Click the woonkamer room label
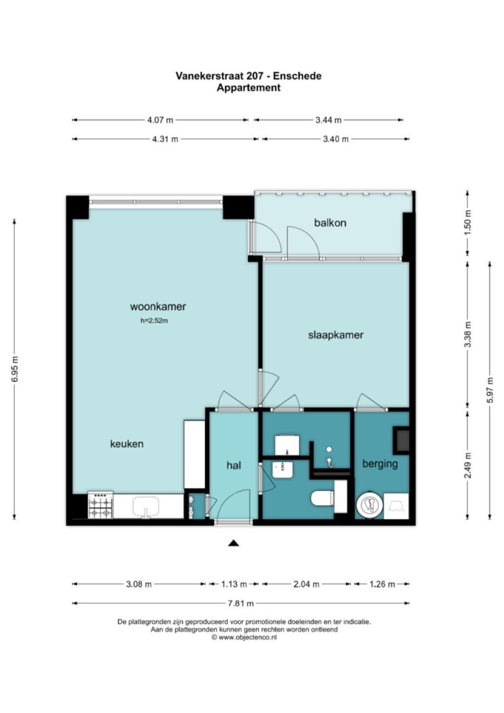pyautogui.click(x=158, y=307)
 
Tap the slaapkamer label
pyautogui.click(x=336, y=335)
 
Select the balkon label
pyautogui.click(x=330, y=223)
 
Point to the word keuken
pyautogui.click(x=127, y=444)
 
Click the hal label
pyautogui.click(x=234, y=465)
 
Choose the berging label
pyautogui.click(x=380, y=464)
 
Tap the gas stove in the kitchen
pyautogui.click(x=100, y=505)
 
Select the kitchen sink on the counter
pyautogui.click(x=145, y=507)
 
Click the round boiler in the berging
pyautogui.click(x=370, y=505)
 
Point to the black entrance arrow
pyautogui.click(x=233, y=543)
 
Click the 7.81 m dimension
pyautogui.click(x=241, y=604)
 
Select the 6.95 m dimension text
pyautogui.click(x=15, y=369)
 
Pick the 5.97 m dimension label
pyautogui.click(x=490, y=390)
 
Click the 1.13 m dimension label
pyautogui.click(x=234, y=584)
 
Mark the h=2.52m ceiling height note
pyautogui.click(x=154, y=321)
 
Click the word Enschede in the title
pyautogui.click(x=297, y=76)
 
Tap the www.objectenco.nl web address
pyautogui.click(x=247, y=638)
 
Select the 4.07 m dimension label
pyautogui.click(x=160, y=120)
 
